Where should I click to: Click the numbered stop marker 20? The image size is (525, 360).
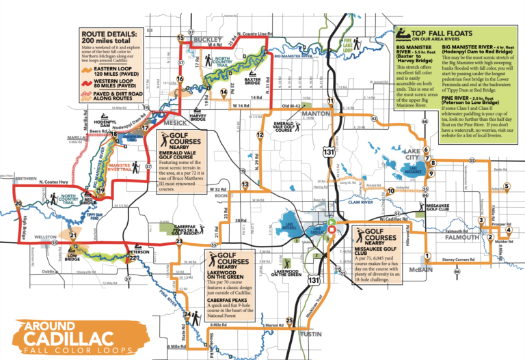tap(18, 203)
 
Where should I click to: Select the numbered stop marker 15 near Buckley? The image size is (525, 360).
tap(180, 38)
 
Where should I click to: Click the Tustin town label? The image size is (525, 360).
tap(311, 334)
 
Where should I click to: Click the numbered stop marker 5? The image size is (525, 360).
tap(507, 186)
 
